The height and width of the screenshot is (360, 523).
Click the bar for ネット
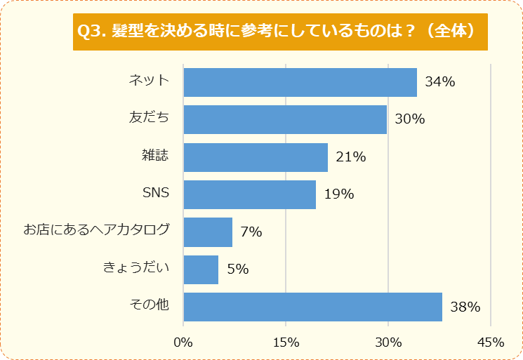(300, 82)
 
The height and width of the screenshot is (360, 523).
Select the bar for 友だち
(285, 119)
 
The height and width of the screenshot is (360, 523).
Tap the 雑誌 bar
(256, 157)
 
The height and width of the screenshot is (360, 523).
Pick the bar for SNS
(249, 194)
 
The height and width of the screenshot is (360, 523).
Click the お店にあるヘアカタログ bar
(208, 232)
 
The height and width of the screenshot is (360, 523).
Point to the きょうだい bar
(201, 269)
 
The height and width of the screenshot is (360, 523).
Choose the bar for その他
(312, 307)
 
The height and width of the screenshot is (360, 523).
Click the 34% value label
(440, 82)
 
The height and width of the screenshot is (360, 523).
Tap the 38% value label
(465, 307)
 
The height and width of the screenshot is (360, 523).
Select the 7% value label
(251, 232)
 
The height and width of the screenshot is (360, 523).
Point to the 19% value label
(338, 194)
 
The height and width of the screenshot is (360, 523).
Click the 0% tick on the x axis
(183, 342)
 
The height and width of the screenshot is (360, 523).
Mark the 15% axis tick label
(286, 342)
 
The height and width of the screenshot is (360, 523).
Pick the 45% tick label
(490, 342)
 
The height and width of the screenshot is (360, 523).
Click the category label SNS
(156, 192)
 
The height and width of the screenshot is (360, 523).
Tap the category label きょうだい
(136, 267)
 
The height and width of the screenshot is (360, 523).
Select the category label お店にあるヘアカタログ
(97, 229)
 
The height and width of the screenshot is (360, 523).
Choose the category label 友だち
(149, 117)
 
